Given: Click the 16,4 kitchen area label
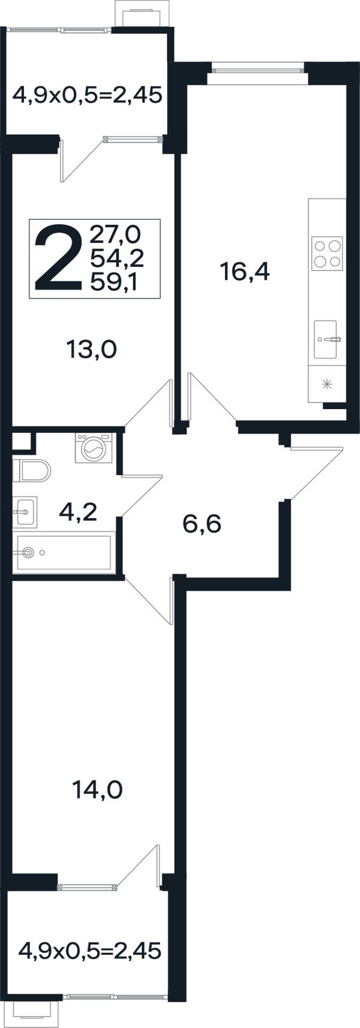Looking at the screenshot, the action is [245, 271].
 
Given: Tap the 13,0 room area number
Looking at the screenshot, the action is [92, 350].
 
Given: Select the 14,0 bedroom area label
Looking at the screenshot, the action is [97, 790].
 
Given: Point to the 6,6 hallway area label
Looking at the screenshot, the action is [202, 524].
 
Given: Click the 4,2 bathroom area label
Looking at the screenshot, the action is [78, 511].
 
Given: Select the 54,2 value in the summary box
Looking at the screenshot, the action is [117, 259].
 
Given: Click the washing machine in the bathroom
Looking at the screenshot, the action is [94, 448].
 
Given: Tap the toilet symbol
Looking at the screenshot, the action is [31, 470].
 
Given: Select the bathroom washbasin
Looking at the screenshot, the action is [25, 512].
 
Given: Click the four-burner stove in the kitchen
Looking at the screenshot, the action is [327, 253].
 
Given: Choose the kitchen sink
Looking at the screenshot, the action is [326, 339].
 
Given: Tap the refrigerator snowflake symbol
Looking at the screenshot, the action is [328, 384].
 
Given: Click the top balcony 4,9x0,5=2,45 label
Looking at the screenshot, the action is [87, 96].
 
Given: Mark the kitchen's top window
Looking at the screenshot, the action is [258, 70].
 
